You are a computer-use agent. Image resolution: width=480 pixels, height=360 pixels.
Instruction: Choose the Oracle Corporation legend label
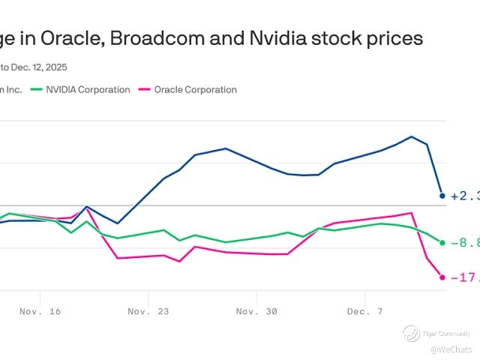pos(195,90)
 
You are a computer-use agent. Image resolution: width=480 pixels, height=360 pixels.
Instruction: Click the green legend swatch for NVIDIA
pos(36,90)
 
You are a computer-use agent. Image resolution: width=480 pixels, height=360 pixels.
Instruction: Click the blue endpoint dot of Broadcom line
pos(442,196)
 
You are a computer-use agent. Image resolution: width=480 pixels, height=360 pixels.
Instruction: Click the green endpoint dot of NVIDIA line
pos(442,243)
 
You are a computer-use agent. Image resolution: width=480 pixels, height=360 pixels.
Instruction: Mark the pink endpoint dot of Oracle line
pos(442,277)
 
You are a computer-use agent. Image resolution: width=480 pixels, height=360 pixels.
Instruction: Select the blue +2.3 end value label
pos(464,196)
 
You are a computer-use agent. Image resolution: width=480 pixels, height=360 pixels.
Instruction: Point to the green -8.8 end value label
pos(464,243)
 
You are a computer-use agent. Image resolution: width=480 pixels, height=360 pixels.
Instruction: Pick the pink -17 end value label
pos(466,277)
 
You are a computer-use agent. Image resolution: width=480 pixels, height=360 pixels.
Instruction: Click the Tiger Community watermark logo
pos(411,334)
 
